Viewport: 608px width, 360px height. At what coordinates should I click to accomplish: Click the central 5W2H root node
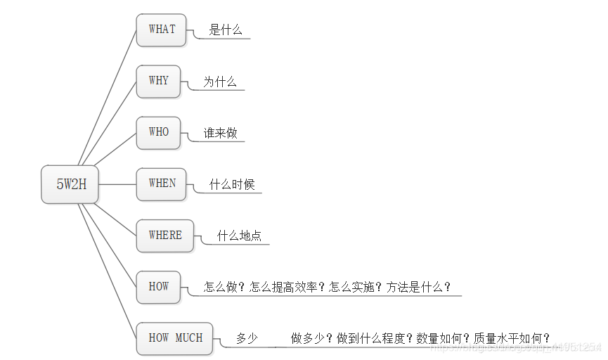70,184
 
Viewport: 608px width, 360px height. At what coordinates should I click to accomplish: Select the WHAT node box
162,30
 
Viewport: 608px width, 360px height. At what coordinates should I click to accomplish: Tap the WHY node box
158,81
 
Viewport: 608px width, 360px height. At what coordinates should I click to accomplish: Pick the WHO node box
158,132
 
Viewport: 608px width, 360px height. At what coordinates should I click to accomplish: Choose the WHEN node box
162,184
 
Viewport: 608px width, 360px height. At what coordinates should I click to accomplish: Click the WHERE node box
165,236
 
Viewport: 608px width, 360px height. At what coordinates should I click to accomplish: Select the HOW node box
158,287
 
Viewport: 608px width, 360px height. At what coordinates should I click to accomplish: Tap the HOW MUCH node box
175,338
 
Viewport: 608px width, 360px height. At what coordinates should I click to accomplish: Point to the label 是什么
226,30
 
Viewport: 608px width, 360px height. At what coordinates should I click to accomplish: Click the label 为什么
220,82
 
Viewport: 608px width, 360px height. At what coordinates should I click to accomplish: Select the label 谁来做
220,133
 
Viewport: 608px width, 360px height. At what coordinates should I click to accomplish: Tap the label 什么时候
232,185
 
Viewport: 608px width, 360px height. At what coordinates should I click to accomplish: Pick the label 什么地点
239,236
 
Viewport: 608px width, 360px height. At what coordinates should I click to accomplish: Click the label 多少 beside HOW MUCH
247,339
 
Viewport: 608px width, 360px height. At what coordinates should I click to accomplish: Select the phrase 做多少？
312,338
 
